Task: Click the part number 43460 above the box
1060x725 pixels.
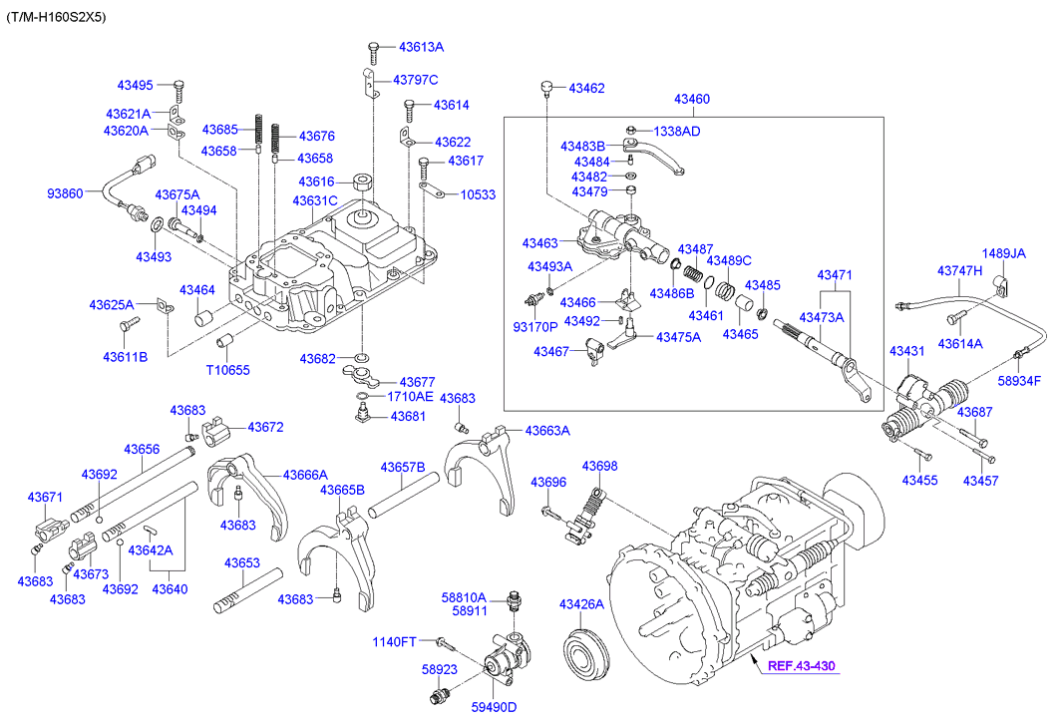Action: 691,99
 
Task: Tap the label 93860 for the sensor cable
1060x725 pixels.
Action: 66,192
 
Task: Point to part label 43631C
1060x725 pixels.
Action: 315,201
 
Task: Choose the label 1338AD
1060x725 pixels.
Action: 677,131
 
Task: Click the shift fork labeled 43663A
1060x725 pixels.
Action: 478,464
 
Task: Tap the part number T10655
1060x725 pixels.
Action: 227,370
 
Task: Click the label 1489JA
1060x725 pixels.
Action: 1003,253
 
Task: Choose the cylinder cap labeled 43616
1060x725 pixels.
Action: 362,186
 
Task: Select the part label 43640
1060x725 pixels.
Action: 169,589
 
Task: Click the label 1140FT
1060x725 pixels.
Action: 394,641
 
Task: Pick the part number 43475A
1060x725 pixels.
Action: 678,337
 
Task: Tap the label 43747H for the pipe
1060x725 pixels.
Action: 959,270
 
